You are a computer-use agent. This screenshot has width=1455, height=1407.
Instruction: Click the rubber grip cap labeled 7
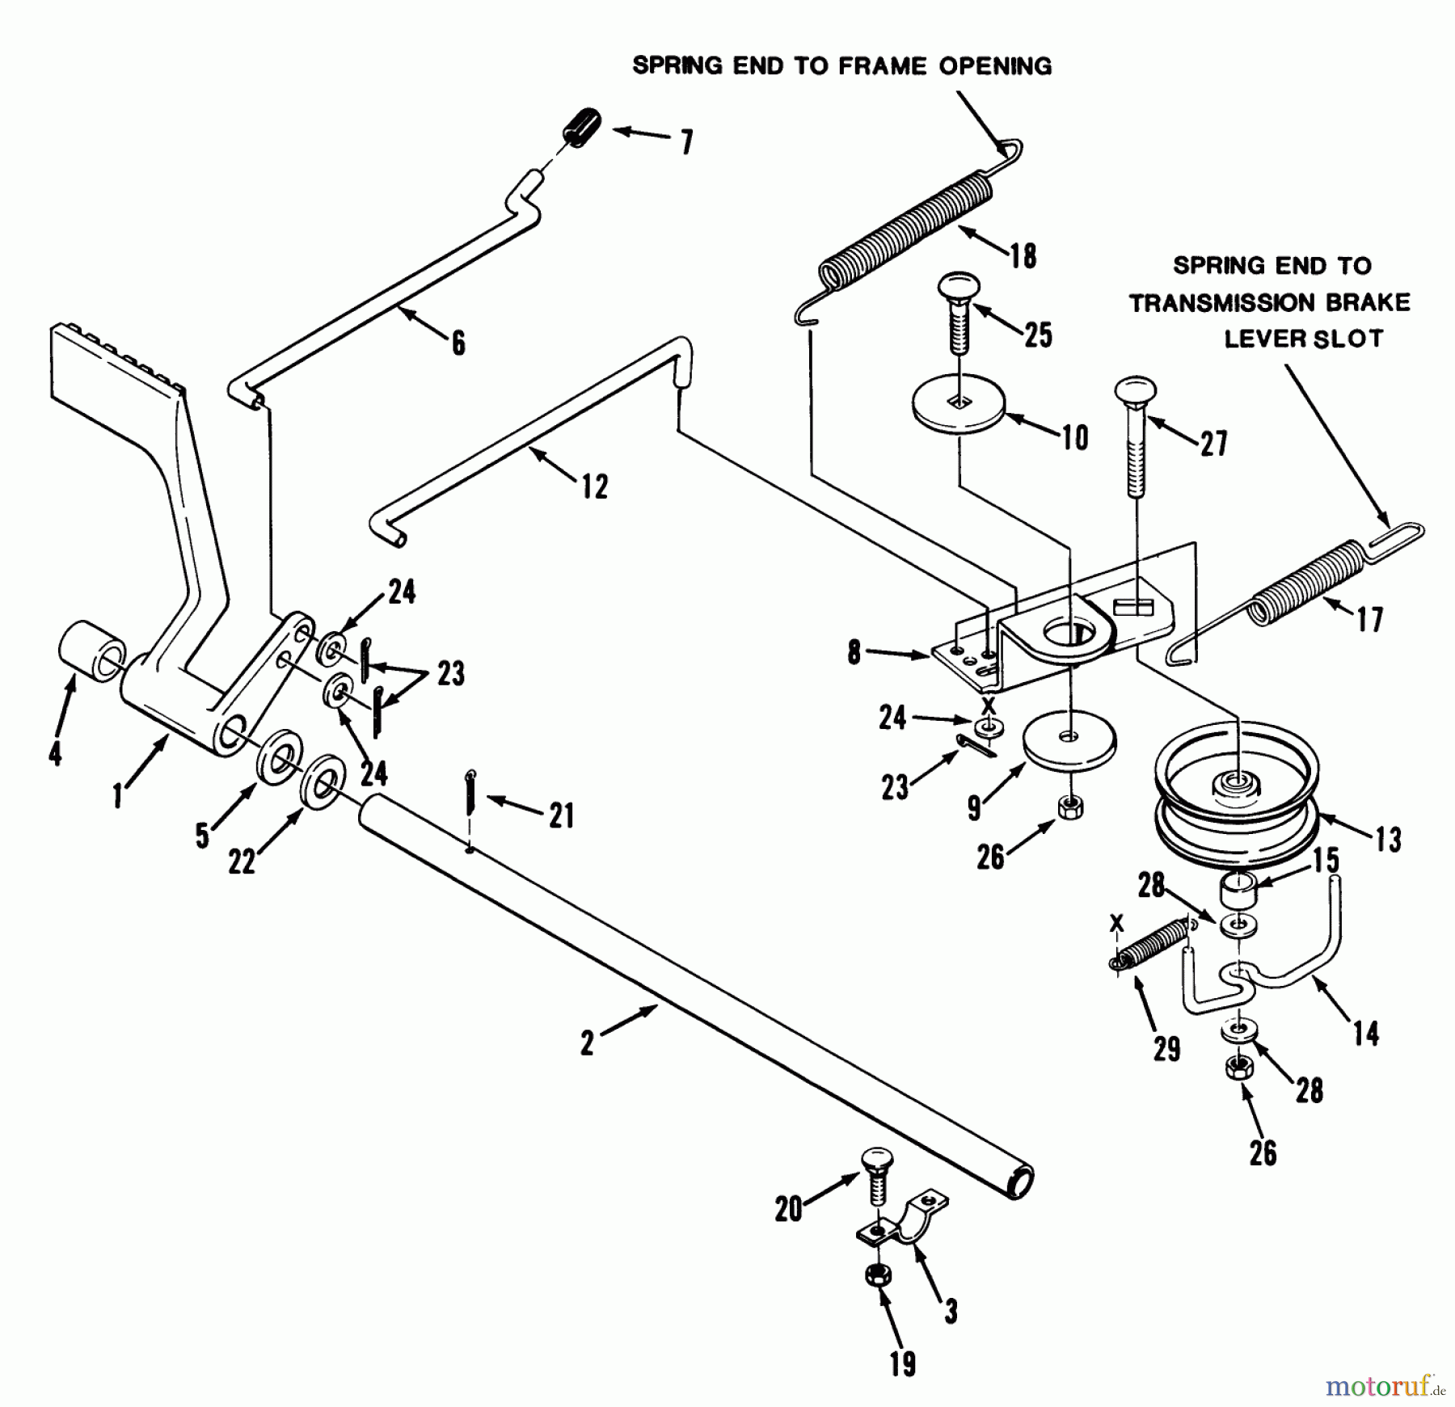(x=582, y=128)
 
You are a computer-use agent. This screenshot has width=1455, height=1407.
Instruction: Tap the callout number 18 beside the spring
(x=1022, y=256)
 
